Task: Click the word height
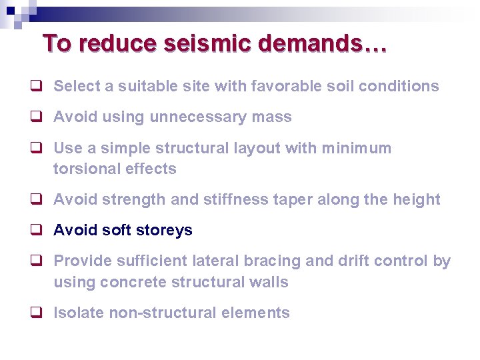tap(419, 199)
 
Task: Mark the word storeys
tap(163, 231)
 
